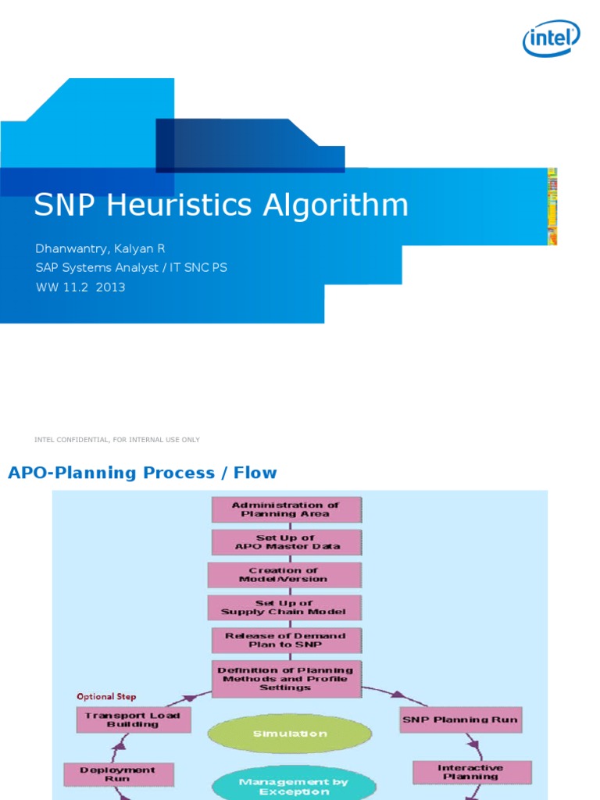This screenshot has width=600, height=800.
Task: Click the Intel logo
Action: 551,37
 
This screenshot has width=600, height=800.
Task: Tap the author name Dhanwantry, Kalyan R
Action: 100,248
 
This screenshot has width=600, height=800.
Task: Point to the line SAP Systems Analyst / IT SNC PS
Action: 131,268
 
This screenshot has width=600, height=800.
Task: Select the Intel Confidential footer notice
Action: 117,440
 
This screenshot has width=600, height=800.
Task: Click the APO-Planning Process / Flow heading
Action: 142,473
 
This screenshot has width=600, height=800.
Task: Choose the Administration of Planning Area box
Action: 286,509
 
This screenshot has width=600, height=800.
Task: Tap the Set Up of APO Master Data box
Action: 287,542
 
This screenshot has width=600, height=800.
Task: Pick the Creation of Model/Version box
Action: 284,575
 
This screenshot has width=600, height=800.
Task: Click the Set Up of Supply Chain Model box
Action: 284,608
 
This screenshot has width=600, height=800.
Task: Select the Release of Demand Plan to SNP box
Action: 287,641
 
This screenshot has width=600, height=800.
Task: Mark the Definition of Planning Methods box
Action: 286,679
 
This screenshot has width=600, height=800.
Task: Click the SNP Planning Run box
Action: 459,720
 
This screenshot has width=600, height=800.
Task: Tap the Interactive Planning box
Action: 471,772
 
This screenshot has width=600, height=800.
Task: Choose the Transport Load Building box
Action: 133,720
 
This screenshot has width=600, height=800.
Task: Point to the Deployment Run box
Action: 119,774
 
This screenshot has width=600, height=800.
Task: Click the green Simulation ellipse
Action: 290,734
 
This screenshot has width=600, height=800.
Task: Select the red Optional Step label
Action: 106,696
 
